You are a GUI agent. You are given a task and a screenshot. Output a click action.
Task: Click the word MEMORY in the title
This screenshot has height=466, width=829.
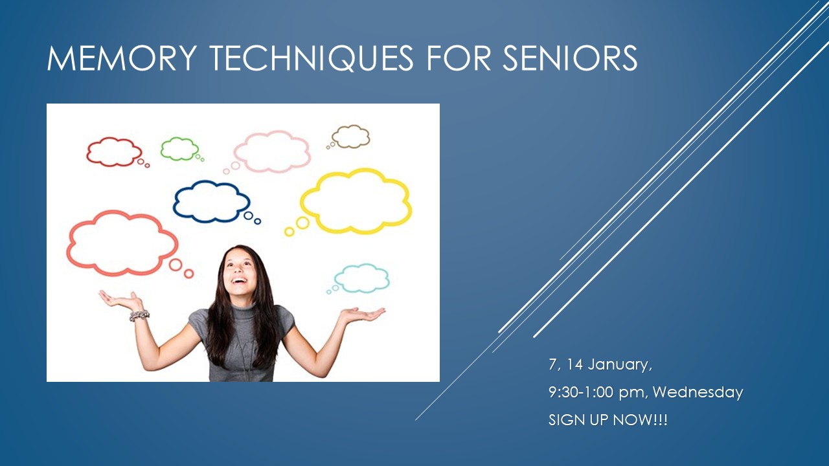pyautogui.click(x=121, y=58)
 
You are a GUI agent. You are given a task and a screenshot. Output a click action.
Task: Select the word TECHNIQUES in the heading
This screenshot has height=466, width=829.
pyautogui.click(x=312, y=58)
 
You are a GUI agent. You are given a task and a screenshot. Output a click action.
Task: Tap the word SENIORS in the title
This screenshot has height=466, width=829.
pyautogui.click(x=570, y=58)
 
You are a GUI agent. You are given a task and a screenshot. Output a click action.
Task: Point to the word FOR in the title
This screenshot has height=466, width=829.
pyautogui.click(x=459, y=58)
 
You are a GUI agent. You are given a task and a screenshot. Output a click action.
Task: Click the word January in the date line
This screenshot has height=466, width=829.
pyautogui.click(x=620, y=364)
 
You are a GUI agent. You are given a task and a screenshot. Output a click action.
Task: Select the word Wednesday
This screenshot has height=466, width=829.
pyautogui.click(x=698, y=392)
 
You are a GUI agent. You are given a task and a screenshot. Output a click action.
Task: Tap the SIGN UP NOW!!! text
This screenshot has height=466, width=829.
pyautogui.click(x=608, y=420)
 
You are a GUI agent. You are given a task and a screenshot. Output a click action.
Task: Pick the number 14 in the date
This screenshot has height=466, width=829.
pyautogui.click(x=574, y=364)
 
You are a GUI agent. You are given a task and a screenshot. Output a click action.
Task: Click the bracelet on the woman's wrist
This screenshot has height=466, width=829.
pyautogui.click(x=139, y=315)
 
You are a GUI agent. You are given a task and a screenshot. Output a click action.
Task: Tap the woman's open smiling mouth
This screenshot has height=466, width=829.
pyautogui.click(x=240, y=281)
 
